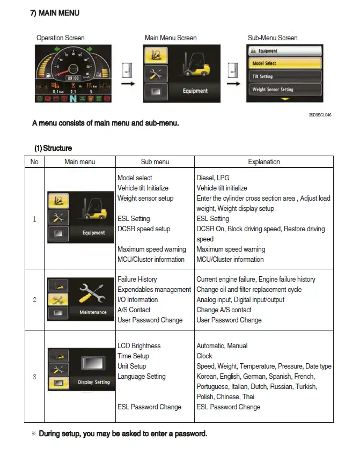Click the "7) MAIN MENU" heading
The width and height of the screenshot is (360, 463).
(x=55, y=13)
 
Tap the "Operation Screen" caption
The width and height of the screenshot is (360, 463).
(x=60, y=38)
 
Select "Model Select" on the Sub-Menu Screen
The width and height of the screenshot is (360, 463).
(x=285, y=63)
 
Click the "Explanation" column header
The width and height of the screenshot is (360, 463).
(x=263, y=161)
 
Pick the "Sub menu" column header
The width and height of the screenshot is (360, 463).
(x=155, y=161)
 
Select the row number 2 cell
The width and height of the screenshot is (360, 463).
(x=34, y=299)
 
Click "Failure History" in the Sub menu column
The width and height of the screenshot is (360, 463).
(x=137, y=280)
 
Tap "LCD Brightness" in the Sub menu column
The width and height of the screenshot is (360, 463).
(x=139, y=346)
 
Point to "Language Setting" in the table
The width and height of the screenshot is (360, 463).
(x=142, y=377)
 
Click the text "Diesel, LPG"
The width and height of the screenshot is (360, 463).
(x=213, y=178)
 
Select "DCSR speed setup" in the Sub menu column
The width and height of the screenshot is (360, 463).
(x=144, y=229)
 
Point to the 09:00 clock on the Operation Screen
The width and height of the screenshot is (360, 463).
(x=72, y=78)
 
